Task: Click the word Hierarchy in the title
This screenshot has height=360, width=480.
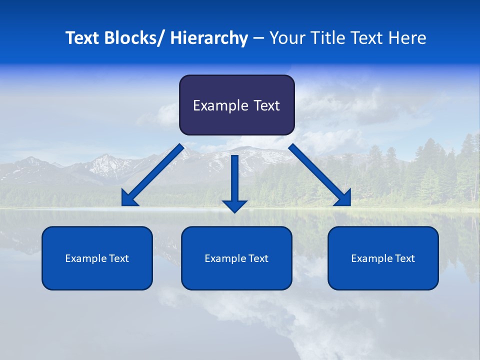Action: pyautogui.click(x=209, y=38)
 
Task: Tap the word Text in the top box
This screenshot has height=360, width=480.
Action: pyautogui.click(x=265, y=105)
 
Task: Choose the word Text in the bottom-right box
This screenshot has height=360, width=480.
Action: pyautogui.click(x=405, y=258)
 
